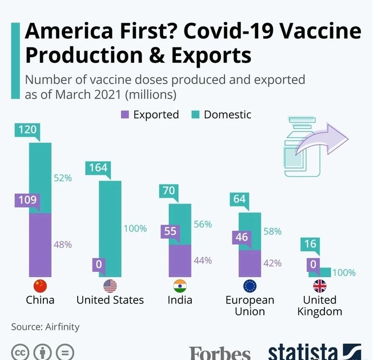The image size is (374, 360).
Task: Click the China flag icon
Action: click(x=40, y=286)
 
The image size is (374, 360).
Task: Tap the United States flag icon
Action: click(x=110, y=286)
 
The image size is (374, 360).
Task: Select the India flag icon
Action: click(x=180, y=286)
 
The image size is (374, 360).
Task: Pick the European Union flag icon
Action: click(x=250, y=286)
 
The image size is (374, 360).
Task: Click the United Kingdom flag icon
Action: click(x=319, y=286)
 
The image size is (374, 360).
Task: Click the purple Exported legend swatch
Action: click(x=125, y=115)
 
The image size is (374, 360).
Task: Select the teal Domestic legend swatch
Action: click(x=196, y=115)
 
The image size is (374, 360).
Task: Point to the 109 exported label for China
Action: click(x=27, y=200)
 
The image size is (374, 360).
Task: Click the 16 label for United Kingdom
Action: click(x=310, y=245)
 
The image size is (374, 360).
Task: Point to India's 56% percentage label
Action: click(x=203, y=225)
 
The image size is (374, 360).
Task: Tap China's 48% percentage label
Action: click(x=63, y=245)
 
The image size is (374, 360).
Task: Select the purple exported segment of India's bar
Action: click(x=180, y=261)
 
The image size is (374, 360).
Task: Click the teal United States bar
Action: click(x=110, y=229)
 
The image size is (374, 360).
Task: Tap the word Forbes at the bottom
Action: click(x=220, y=353)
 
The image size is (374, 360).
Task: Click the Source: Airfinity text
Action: click(x=45, y=327)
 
